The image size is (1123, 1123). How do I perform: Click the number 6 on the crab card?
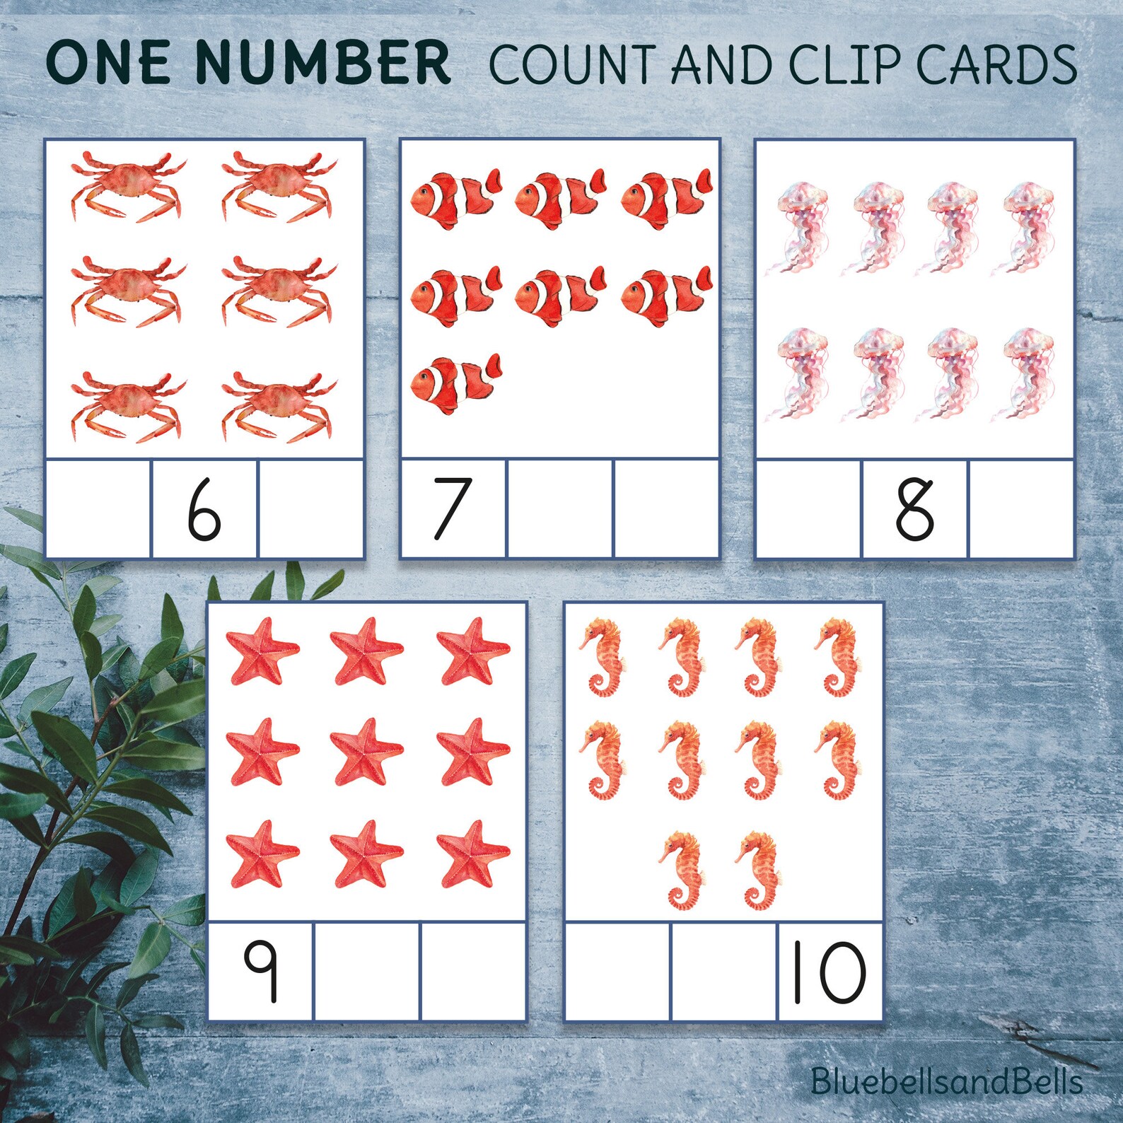coord(204,508)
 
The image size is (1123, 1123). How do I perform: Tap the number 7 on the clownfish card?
coord(451,508)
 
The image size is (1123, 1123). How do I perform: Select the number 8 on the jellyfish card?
coord(914,508)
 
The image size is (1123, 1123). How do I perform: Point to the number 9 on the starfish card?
coord(260,972)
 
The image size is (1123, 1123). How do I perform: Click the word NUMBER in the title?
coord(322,62)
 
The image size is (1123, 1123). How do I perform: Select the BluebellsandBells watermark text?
coord(946,1081)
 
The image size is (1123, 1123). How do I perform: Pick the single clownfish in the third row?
coord(456,383)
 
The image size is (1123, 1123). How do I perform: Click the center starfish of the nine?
coord(366,751)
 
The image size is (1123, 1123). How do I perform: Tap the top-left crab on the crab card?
coord(127,185)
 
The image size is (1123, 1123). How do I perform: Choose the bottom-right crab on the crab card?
coord(278,406)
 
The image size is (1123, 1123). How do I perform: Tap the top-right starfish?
coord(472,651)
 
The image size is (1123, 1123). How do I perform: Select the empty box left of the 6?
coord(98,508)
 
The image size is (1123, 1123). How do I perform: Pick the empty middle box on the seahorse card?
coord(724,972)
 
